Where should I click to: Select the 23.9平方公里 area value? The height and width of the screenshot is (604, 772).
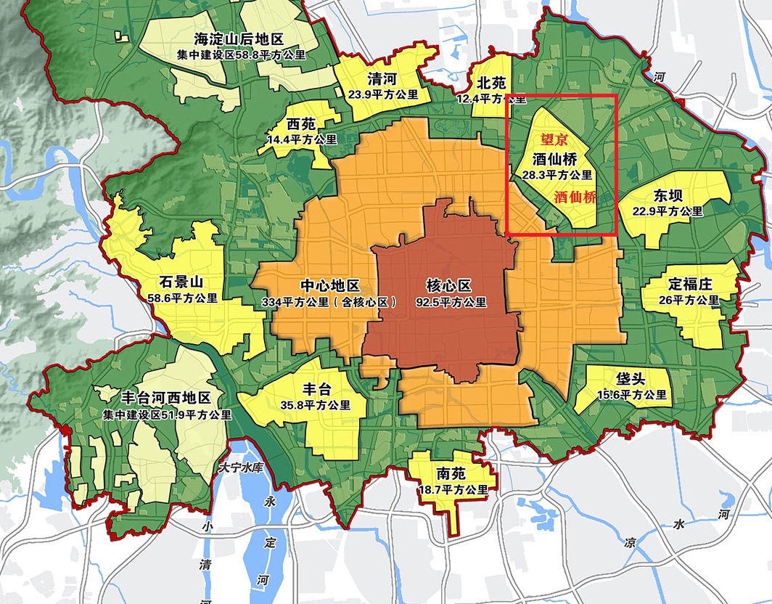(384, 94)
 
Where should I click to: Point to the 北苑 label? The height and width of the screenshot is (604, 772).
(491, 82)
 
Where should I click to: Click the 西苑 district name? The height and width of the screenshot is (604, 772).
(301, 123)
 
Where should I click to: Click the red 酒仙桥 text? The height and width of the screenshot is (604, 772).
(575, 197)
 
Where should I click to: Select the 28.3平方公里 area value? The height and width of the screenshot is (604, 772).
(557, 175)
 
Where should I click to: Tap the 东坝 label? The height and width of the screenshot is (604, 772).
(668, 196)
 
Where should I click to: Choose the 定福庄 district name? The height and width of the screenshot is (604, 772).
(690, 284)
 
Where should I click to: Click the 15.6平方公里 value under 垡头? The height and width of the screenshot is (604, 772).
(631, 395)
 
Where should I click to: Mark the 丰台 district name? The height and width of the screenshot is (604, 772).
(316, 389)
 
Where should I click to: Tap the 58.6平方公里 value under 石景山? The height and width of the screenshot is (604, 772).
(182, 298)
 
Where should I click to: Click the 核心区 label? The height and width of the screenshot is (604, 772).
(448, 286)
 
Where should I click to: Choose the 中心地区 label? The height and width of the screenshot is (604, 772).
(329, 287)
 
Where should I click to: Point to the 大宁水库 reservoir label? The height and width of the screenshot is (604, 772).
(244, 469)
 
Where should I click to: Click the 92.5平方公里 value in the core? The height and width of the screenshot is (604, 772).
(451, 302)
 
